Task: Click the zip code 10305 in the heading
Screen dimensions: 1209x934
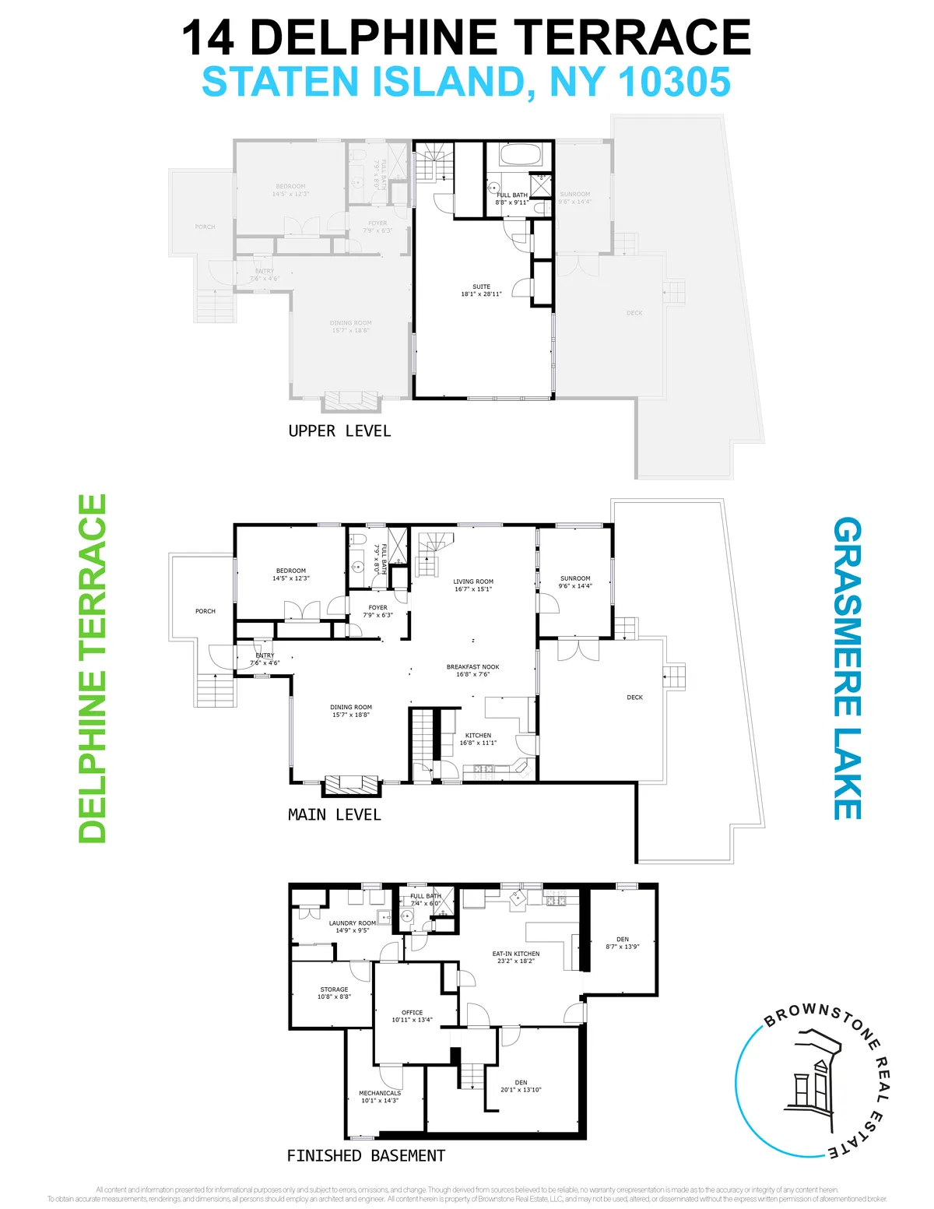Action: (675, 83)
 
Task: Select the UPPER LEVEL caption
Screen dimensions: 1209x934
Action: (339, 431)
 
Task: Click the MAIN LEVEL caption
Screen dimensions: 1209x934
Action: (334, 815)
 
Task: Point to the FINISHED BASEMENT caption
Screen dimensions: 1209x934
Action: (366, 1156)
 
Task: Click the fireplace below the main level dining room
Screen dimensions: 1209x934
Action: (352, 785)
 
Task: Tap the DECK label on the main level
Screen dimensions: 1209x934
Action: (634, 698)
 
